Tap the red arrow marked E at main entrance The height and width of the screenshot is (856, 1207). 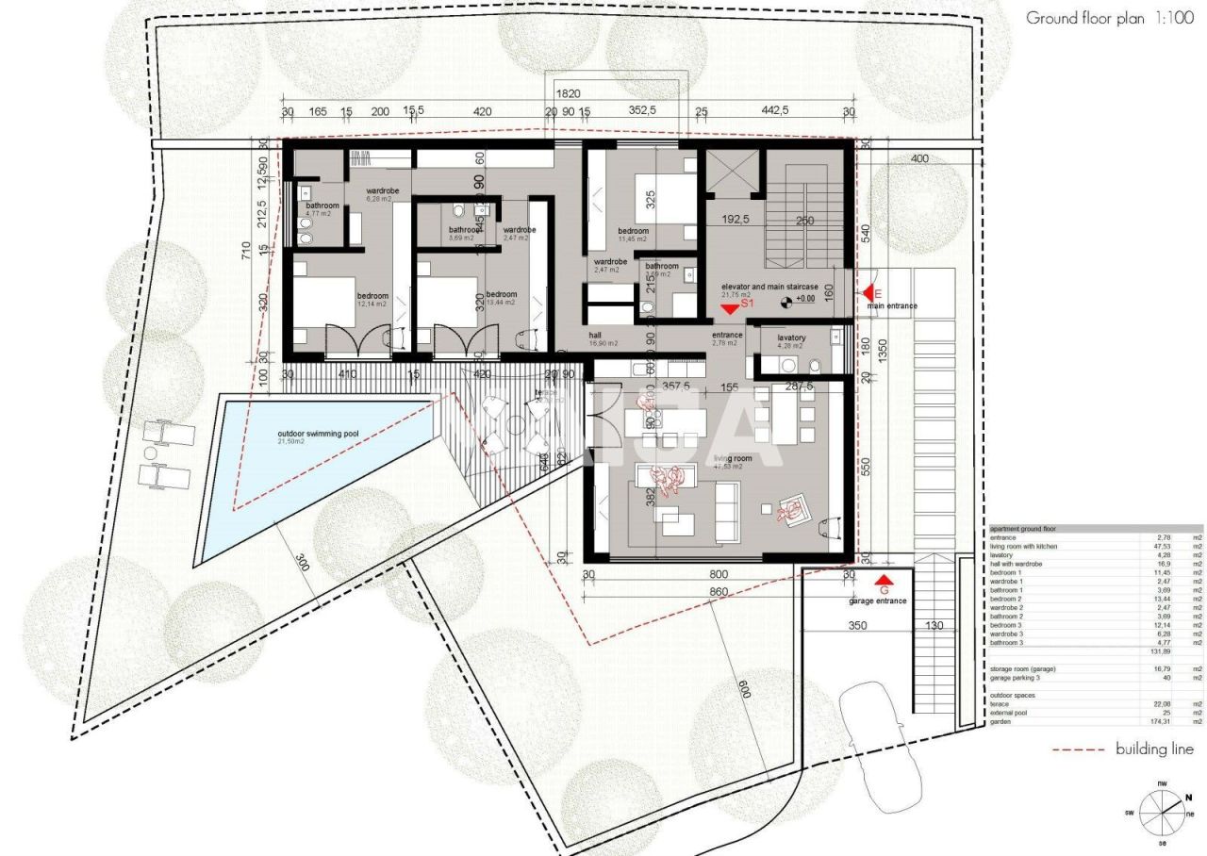(x=870, y=294)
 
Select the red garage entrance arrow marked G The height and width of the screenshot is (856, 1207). (x=884, y=582)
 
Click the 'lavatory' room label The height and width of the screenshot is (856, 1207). (x=791, y=337)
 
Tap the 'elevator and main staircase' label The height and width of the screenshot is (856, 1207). (x=769, y=287)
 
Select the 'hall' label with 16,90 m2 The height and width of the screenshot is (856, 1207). (x=595, y=335)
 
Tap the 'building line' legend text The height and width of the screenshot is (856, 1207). (x=1154, y=749)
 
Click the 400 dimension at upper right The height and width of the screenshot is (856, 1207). (x=918, y=159)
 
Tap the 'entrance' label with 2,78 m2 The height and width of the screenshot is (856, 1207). (x=727, y=336)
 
